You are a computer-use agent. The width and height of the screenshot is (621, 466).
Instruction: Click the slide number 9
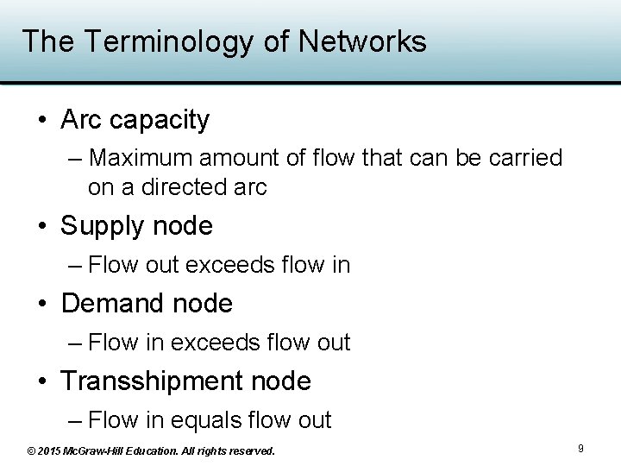[580, 449]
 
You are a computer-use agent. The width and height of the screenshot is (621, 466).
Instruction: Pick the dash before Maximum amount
[74, 159]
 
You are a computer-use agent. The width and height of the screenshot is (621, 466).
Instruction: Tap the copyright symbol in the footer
[31, 450]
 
